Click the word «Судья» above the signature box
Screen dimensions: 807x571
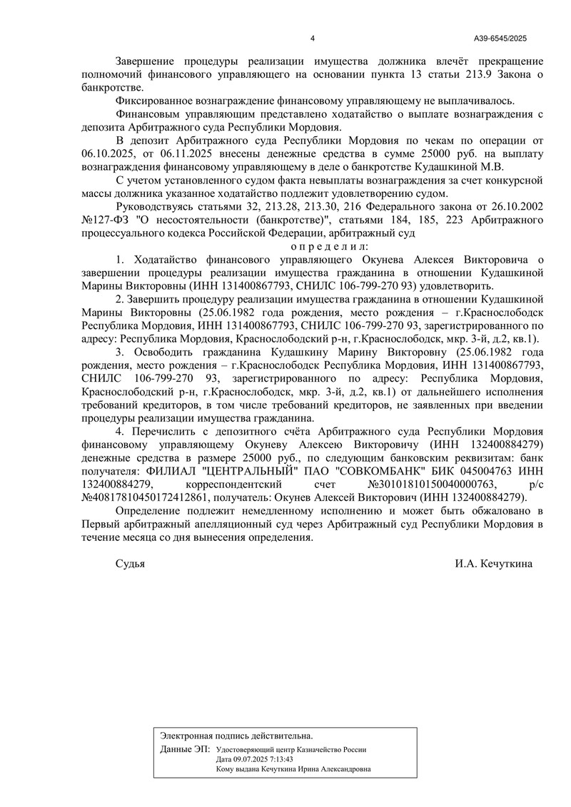pyautogui.click(x=131, y=563)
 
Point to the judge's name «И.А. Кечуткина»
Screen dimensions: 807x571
pyautogui.click(x=493, y=563)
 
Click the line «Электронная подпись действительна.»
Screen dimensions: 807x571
pyautogui.click(x=236, y=735)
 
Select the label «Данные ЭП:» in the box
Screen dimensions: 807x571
pyautogui.click(x=185, y=750)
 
